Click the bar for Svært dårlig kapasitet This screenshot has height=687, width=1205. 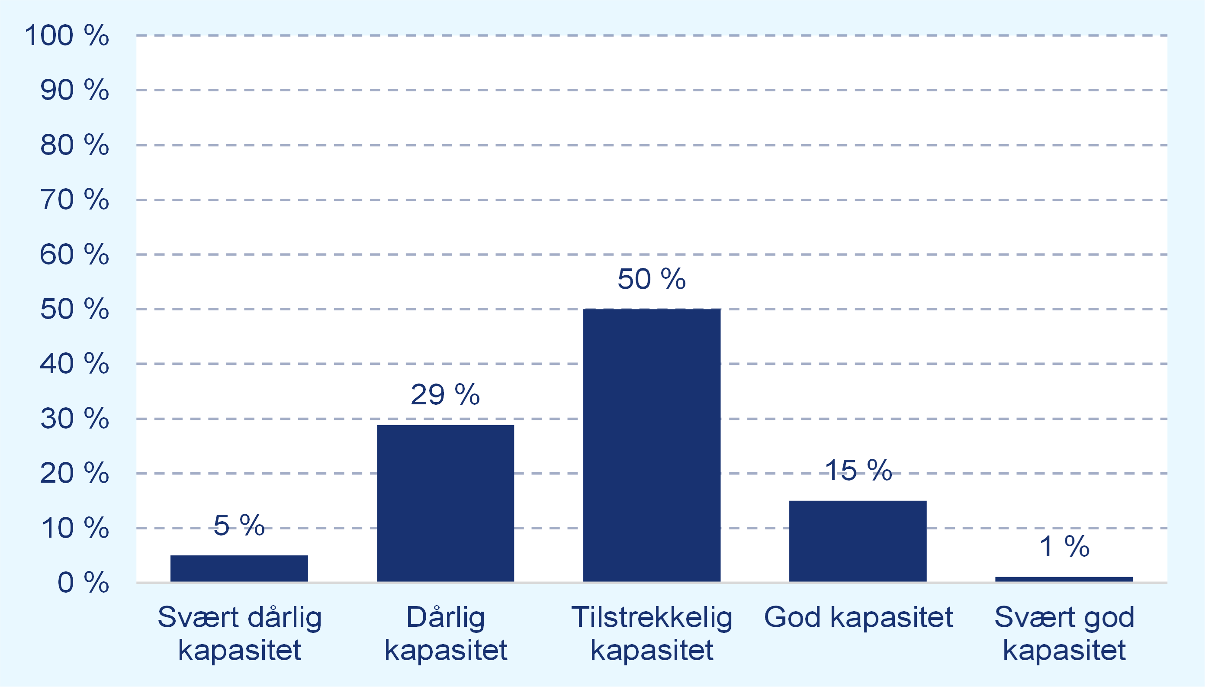239,568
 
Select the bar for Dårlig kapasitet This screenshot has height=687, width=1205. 445,503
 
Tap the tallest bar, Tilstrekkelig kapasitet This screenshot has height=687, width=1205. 651,445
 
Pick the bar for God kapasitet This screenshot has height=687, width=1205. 858,541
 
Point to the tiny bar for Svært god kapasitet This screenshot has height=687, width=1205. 1064,579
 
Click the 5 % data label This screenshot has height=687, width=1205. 239,525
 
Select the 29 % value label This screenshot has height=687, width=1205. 445,394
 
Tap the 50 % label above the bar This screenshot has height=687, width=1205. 651,279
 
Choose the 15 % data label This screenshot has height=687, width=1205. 858,471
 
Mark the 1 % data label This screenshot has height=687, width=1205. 1064,546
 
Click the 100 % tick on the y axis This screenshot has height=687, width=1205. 67,35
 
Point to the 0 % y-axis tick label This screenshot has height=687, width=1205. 83,582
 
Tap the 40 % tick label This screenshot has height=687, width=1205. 74,364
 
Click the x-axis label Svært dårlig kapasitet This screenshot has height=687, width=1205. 240,633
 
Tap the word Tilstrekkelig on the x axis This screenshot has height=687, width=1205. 652,617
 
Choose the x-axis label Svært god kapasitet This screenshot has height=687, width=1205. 1064,633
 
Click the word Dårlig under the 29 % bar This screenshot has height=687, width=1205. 446,617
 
